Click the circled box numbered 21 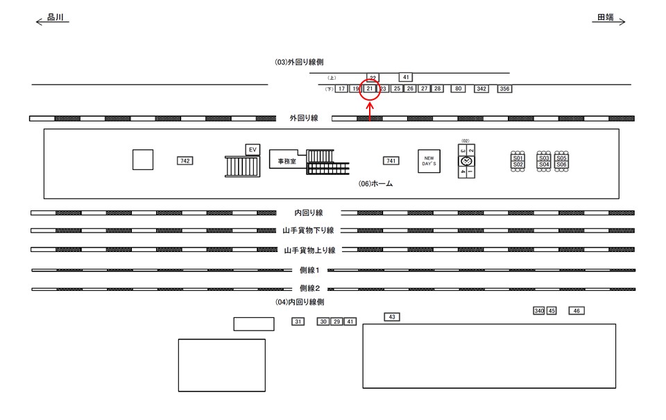click(x=370, y=89)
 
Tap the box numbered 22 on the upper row click(x=373, y=78)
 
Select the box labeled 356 click(x=504, y=89)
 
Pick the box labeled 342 click(x=481, y=89)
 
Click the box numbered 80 click(x=458, y=89)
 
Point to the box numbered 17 click(x=341, y=89)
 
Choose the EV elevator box click(x=253, y=149)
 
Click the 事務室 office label click(x=283, y=161)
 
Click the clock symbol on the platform click(x=466, y=161)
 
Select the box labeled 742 click(x=185, y=161)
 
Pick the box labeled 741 click(x=391, y=161)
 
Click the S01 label click(x=518, y=158)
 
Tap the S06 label click(x=562, y=165)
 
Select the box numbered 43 click(x=392, y=317)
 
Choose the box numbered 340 click(x=539, y=311)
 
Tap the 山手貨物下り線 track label click(x=309, y=230)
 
